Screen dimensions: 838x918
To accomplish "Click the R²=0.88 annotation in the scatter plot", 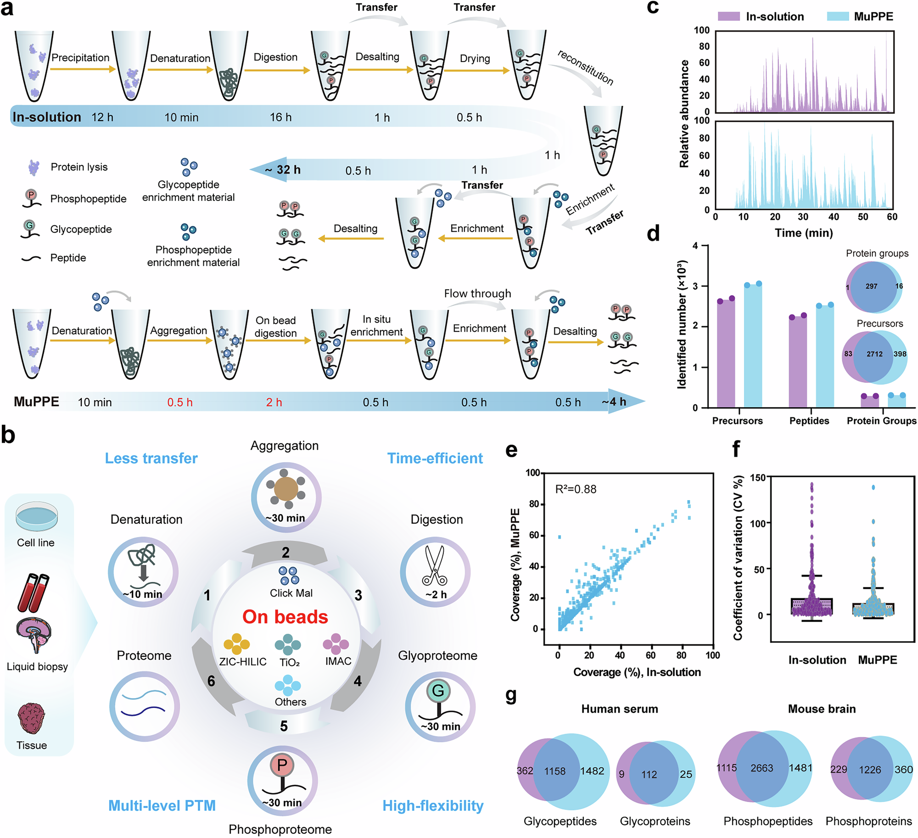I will (x=576, y=489).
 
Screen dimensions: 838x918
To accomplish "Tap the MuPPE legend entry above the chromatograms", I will (x=873, y=17).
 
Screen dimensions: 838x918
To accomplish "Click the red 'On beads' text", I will (x=285, y=617).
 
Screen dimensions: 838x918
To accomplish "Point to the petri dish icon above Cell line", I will (x=37, y=516).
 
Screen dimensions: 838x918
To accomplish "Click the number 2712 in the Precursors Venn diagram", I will (x=874, y=354).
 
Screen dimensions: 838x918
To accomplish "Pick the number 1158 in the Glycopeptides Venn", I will (x=554, y=771).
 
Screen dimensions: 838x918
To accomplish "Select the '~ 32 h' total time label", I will (x=283, y=170).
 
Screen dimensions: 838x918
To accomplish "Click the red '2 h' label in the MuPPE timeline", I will (x=274, y=402).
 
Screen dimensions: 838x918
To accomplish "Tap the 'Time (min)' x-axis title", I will (x=804, y=233).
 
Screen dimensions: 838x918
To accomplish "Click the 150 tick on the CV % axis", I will (x=757, y=478).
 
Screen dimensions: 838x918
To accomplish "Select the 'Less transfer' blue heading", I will (x=151, y=458).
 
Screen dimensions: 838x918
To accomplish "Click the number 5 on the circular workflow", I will (x=284, y=726).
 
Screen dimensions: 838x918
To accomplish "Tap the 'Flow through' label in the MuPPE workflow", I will (x=477, y=293).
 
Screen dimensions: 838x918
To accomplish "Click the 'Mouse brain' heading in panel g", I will (x=822, y=709).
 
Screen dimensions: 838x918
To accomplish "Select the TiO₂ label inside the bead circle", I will (x=289, y=662).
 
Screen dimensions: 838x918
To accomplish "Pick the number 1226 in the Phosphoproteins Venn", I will (x=870, y=770).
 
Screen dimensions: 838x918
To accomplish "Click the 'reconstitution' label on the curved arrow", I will (x=585, y=67).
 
